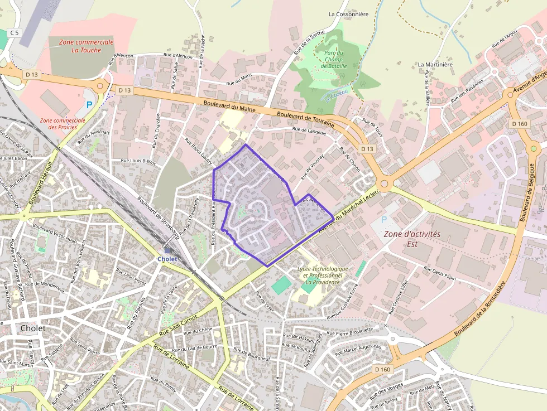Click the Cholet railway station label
click(167, 259)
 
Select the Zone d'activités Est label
click(412, 239)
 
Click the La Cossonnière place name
click(348, 14)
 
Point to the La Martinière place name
click(435, 65)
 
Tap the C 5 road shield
click(14, 33)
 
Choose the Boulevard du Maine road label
click(229, 107)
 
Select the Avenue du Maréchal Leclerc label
click(349, 210)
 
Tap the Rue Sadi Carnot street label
click(178, 325)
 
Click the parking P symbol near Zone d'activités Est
click(384, 220)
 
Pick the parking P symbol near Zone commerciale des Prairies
click(88, 105)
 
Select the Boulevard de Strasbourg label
click(158, 220)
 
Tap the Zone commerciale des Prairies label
click(63, 123)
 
